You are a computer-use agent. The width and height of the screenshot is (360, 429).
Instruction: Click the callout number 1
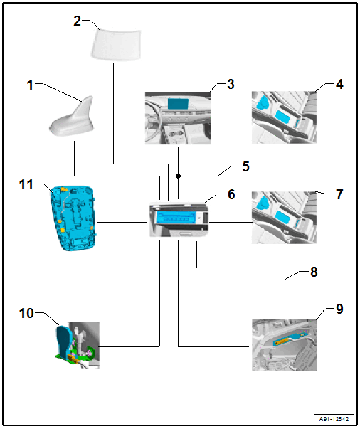click(30, 85)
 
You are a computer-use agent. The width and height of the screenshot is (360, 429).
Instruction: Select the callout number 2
click(77, 21)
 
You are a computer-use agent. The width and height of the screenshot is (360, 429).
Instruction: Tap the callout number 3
click(231, 84)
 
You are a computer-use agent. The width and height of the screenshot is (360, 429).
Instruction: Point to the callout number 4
click(339, 84)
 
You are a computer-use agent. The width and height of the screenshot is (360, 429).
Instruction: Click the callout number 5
click(245, 166)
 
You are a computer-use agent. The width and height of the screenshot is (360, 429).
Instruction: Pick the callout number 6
click(231, 194)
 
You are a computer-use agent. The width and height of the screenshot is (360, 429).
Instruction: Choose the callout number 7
click(339, 194)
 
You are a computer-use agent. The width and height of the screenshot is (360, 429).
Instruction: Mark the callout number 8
click(314, 272)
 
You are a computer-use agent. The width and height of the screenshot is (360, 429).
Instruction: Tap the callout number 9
click(339, 309)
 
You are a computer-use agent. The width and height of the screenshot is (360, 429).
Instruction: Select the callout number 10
click(26, 313)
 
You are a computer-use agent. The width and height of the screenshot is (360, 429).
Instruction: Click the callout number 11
click(26, 185)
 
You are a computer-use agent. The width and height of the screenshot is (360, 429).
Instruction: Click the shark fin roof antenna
click(72, 117)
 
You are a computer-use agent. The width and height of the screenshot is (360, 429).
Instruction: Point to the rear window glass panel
click(116, 44)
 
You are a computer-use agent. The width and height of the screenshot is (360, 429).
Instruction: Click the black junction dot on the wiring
click(178, 176)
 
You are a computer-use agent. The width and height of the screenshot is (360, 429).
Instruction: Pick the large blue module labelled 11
click(73, 218)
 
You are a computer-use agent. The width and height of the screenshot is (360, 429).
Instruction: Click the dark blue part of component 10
click(64, 340)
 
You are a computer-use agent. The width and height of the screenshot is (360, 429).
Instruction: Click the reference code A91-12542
click(334, 419)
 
